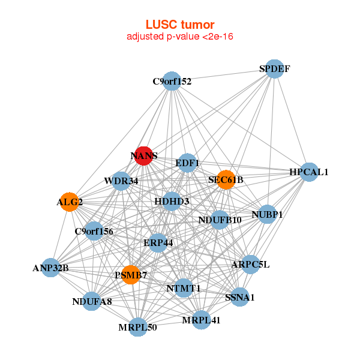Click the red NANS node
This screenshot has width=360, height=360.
coord(143,155)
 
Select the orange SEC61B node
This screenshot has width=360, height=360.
coord(226,179)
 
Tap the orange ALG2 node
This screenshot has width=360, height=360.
coord(70,202)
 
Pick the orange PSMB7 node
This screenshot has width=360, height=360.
coord(130,275)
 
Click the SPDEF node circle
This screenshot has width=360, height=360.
coord(274,68)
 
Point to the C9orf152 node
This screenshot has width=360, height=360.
coord(172,81)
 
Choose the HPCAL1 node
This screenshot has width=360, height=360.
coord(308,172)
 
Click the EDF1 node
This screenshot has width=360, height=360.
coord(187,163)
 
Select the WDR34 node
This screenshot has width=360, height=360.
coord(121,181)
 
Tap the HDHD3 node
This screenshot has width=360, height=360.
coord(172,201)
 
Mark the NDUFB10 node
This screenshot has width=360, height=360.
coord(220,220)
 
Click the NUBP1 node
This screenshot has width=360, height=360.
coord(267,214)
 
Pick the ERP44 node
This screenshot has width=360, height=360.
coord(158,243)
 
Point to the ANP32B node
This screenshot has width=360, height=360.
coord(50,268)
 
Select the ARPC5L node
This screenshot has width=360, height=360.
coord(251,264)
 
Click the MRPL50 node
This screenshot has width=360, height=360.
coord(138,327)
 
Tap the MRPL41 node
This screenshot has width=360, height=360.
coord(202,320)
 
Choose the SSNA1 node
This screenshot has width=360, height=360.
coord(240,297)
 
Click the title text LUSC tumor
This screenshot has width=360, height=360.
coord(180,25)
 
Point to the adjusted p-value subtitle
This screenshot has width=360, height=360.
coord(180,37)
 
